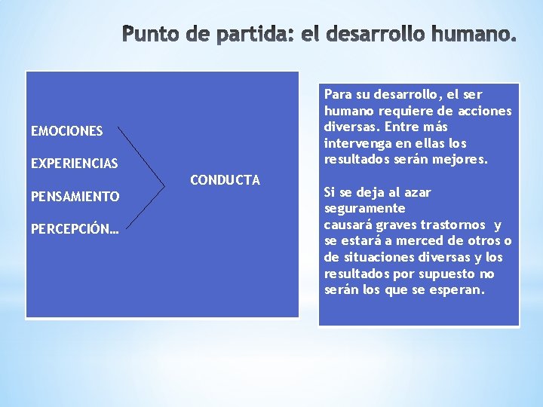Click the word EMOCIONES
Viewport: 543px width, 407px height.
66,131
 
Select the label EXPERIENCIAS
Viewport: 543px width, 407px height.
74,164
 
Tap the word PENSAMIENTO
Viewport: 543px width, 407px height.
75,197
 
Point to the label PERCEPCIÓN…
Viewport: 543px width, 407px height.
75,229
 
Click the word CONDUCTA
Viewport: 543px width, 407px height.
225,179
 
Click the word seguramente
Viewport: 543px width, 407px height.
364,208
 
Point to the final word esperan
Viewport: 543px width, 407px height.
456,290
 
